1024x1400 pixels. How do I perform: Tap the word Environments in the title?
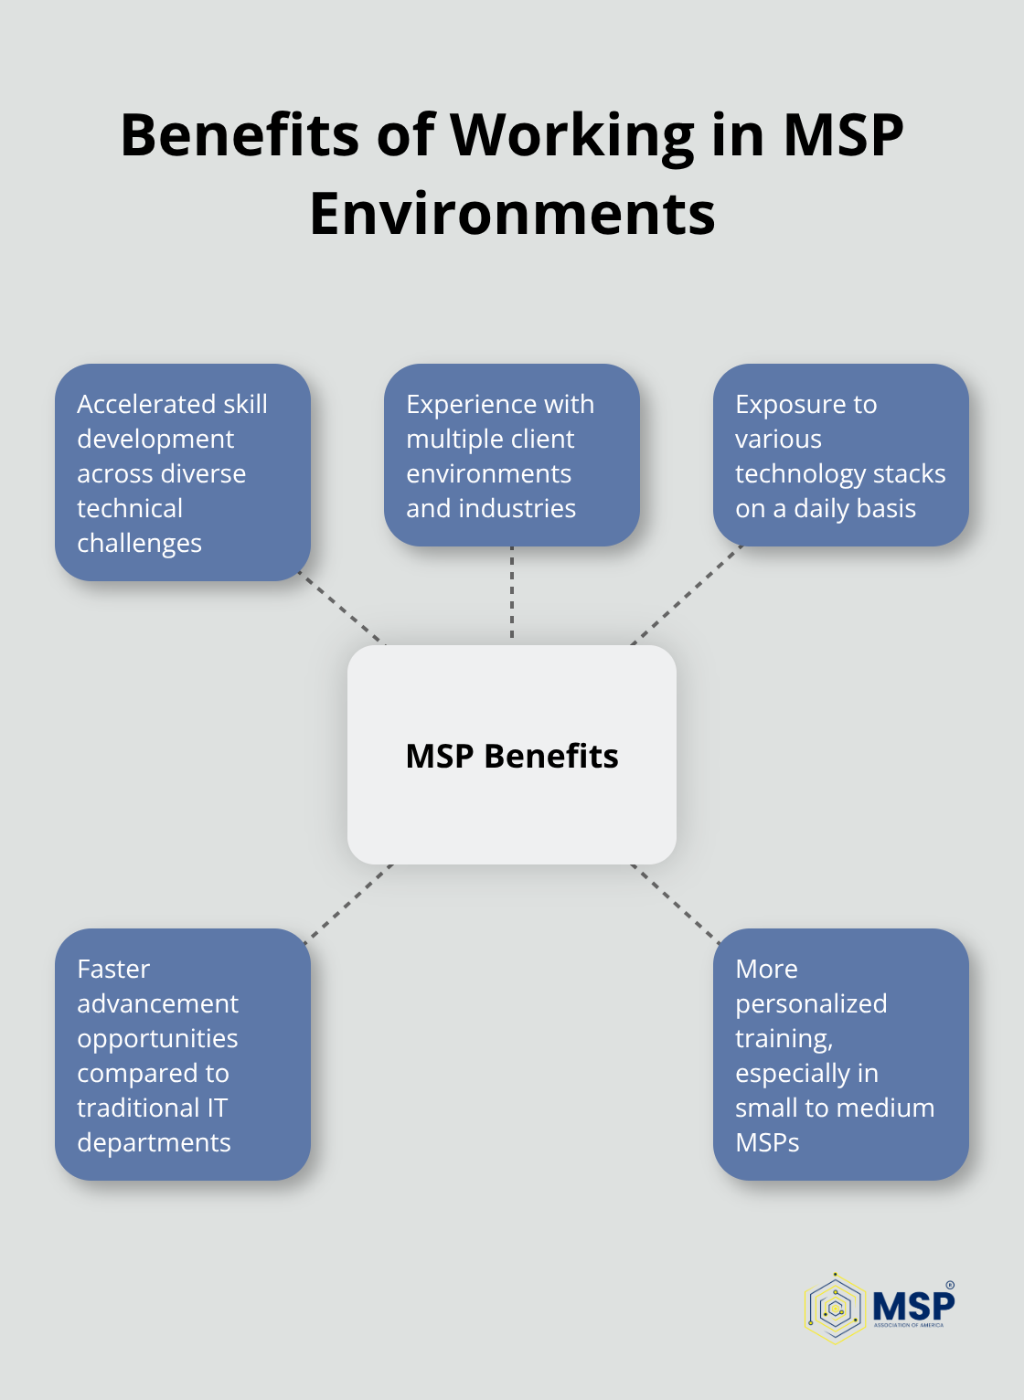pos(512,214)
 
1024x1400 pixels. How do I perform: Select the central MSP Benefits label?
pos(512,756)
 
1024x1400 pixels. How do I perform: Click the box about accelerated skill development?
pos(183,472)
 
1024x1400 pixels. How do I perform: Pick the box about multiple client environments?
pos(512,455)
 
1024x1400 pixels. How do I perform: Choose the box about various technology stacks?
pos(840,455)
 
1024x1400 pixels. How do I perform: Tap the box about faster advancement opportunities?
pos(183,1055)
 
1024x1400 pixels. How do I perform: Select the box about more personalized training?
pos(840,1055)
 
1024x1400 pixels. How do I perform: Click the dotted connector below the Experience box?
pos(512,594)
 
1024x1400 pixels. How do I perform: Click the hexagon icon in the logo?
pos(834,1308)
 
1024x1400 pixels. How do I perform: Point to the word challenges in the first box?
pos(139,544)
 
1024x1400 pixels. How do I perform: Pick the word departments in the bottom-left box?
pos(154,1142)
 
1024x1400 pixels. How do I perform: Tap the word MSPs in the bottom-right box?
pos(767,1142)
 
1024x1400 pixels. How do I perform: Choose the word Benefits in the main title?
pos(240,136)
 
